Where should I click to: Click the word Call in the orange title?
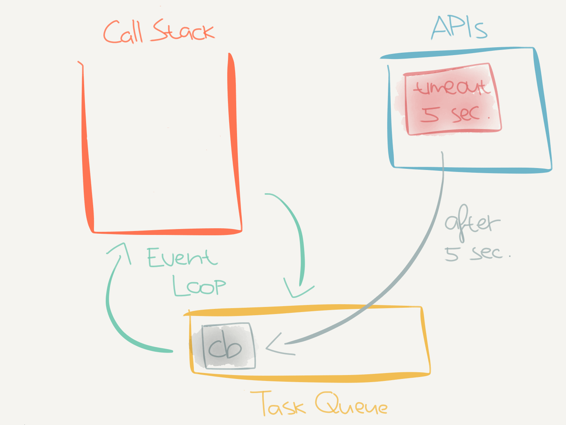pos(123,32)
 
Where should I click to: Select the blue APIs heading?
pos(459,28)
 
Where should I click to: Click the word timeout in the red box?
pos(451,87)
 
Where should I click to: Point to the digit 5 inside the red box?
pos(429,114)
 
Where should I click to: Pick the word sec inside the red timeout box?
pos(466,114)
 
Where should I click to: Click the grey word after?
pos(472,223)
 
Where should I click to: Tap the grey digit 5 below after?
pos(452,254)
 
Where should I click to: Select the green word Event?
pos(182,258)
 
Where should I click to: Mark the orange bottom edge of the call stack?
pos(165,232)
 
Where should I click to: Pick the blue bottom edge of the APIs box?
pos(472,170)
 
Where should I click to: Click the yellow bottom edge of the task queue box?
pos(311,379)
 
